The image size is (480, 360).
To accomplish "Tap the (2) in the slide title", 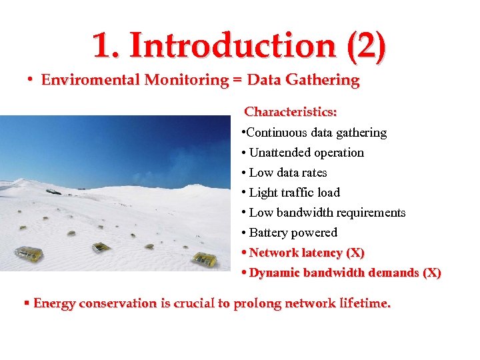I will pyautogui.click(x=366, y=45).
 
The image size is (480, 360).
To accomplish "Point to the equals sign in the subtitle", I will pyautogui.click(x=237, y=81).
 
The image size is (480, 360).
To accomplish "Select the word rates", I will pyautogui.click(x=313, y=173).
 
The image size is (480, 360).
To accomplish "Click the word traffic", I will pyautogui.click(x=297, y=193).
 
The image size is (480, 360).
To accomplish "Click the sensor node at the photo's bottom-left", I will pyautogui.click(x=28, y=254).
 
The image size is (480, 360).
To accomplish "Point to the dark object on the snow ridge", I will pyautogui.click(x=53, y=191).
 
